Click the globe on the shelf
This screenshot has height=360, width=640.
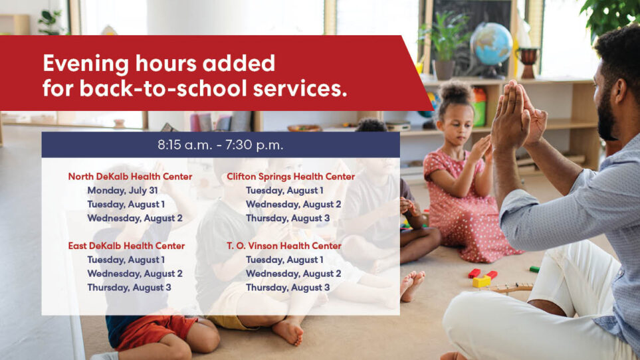(x=491, y=45)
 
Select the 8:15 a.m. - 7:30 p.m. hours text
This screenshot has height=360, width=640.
(x=221, y=145)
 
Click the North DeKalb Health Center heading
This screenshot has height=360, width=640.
(x=130, y=177)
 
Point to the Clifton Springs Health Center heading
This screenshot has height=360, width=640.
(x=290, y=177)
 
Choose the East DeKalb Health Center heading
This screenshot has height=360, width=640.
(x=126, y=246)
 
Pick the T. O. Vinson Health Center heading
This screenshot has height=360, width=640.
(x=284, y=246)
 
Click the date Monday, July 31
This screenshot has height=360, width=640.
(x=122, y=191)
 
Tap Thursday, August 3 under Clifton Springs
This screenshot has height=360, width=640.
(x=288, y=218)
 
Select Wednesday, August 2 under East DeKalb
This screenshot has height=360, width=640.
(x=135, y=274)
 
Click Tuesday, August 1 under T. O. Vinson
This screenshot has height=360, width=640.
(x=284, y=260)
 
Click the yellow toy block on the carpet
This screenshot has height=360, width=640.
(x=482, y=282)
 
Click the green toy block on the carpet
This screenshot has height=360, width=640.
(x=534, y=269)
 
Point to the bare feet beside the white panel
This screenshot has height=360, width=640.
(x=411, y=286)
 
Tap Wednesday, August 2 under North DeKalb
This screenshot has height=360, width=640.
(x=135, y=218)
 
